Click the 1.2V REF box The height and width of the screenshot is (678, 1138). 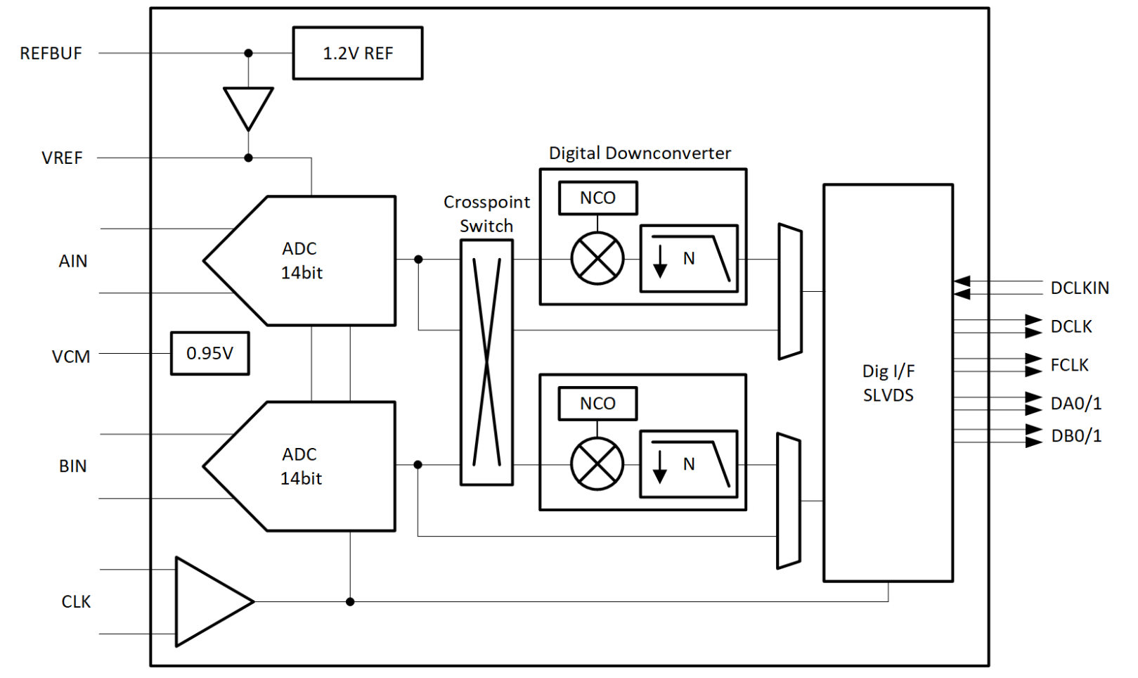point(357,53)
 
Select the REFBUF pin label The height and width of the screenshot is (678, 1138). point(51,53)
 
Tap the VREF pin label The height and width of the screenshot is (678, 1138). point(62,158)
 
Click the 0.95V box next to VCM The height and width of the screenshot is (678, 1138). point(209,353)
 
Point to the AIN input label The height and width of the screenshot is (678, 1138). point(72,261)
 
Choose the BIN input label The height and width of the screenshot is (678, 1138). point(72,466)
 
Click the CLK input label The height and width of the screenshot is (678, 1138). point(76,602)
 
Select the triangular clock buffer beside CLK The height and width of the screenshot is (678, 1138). point(207,602)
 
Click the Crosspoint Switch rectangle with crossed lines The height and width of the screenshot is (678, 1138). point(486,362)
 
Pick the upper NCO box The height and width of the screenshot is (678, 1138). point(597,198)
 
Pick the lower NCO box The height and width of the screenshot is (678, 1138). point(597,404)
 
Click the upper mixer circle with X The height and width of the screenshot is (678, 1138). point(597,258)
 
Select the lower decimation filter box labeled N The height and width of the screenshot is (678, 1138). point(689,464)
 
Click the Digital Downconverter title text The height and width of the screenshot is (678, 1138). point(640,153)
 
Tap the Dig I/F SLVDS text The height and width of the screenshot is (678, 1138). point(888,383)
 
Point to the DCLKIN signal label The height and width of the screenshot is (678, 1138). point(1080,288)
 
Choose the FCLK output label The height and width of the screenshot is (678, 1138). point(1069,366)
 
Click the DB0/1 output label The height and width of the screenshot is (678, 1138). point(1076,436)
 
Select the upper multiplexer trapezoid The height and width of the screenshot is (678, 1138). point(790,291)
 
